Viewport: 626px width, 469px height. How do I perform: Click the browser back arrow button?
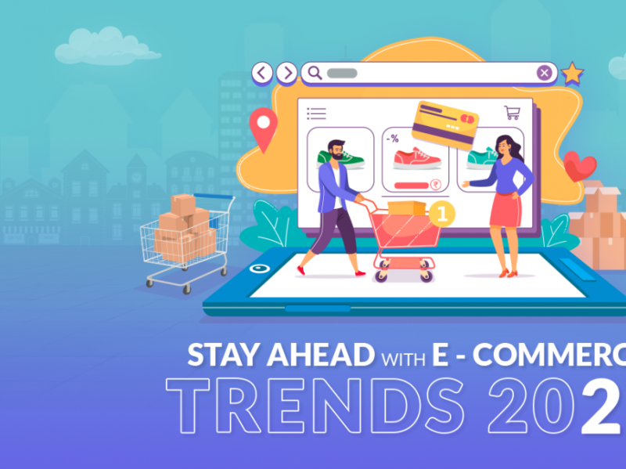262,74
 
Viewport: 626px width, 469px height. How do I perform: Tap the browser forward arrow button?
287,74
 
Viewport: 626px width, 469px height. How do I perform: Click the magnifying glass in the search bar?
314,74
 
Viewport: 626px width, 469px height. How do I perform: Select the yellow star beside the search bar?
572,74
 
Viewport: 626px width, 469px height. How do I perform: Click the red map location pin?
264,128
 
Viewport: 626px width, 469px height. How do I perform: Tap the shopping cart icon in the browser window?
512,112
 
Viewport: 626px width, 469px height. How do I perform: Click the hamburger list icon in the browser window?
316,114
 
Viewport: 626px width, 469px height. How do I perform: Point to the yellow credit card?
446,124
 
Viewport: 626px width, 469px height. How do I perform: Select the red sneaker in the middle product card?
417,158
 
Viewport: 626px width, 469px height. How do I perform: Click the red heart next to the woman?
580,166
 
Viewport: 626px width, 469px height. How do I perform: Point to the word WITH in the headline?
402,359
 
